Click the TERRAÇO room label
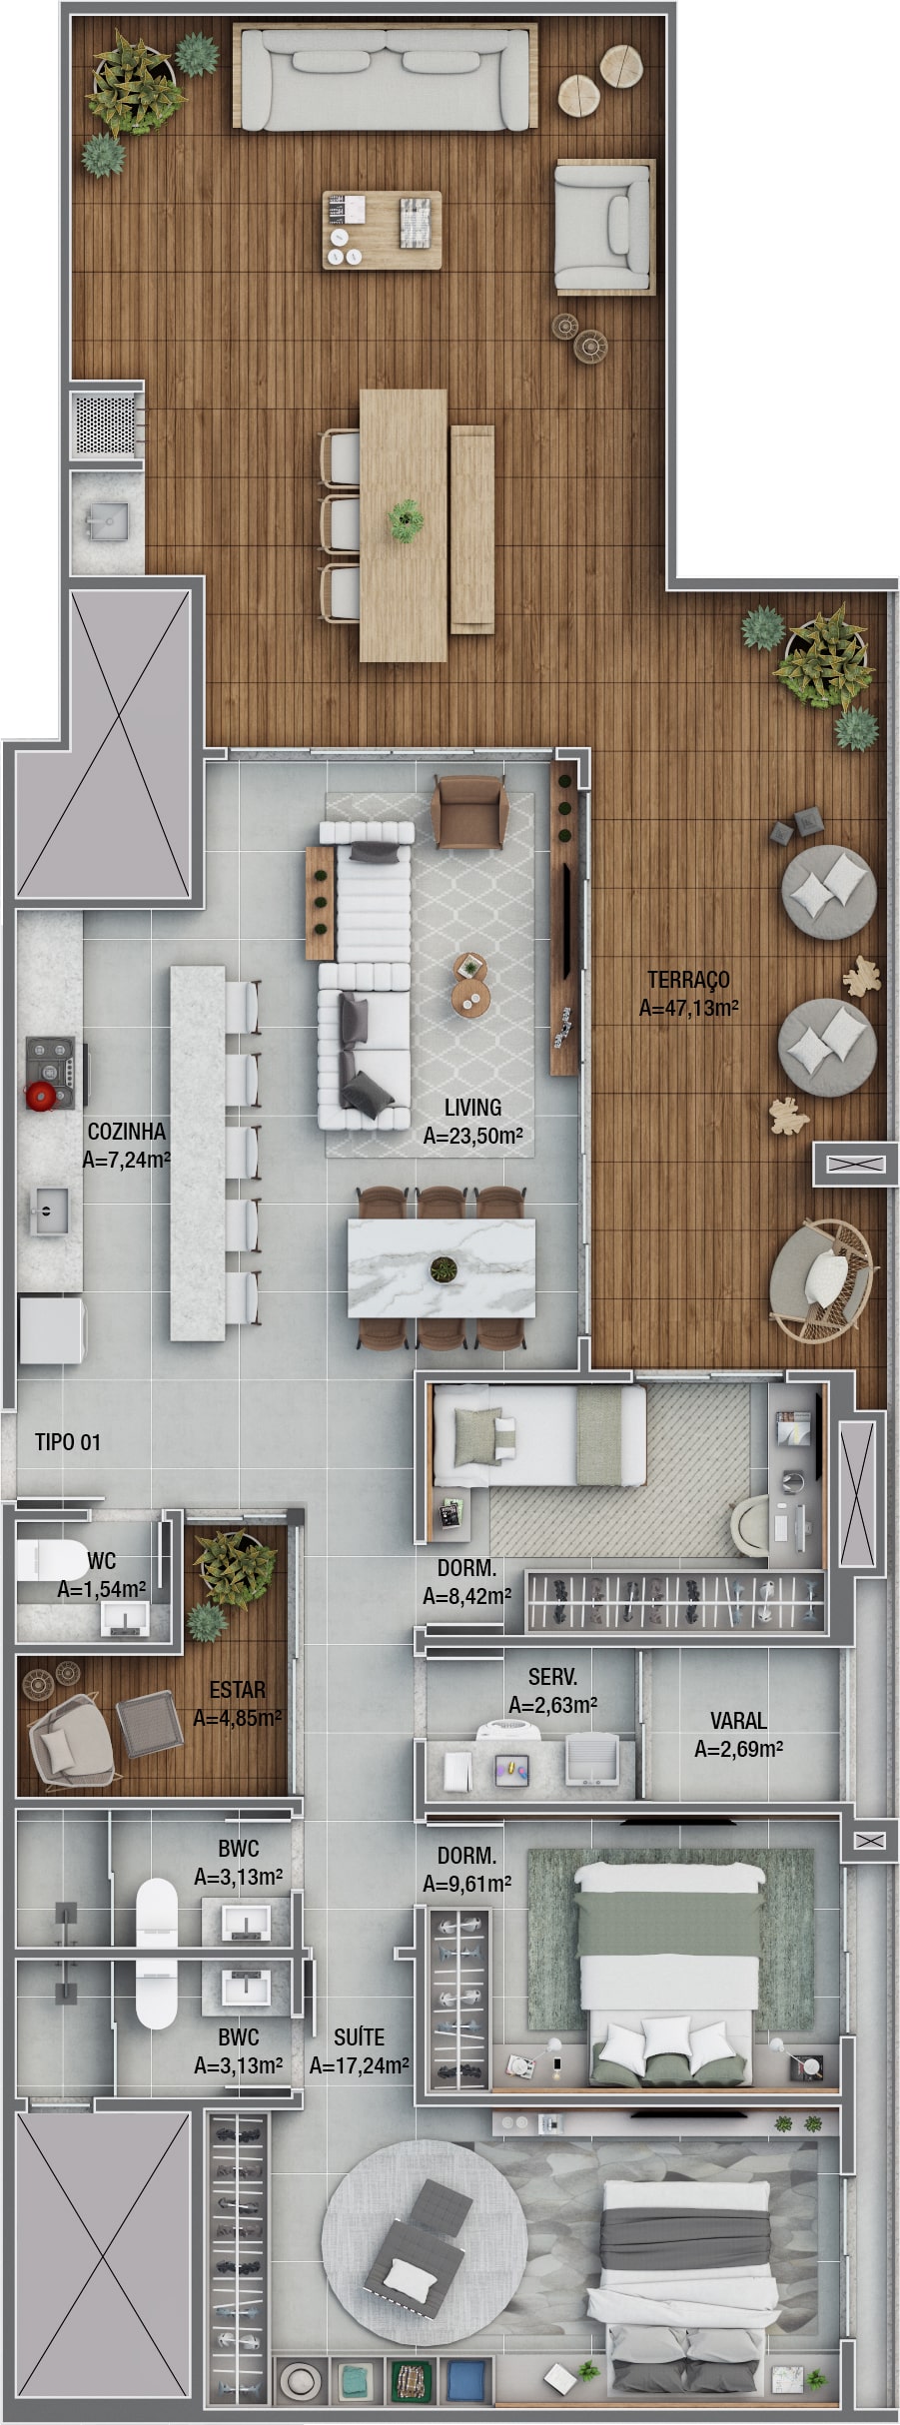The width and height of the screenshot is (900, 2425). (688, 979)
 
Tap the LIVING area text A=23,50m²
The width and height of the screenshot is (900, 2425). (472, 1136)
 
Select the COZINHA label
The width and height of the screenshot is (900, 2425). (127, 1132)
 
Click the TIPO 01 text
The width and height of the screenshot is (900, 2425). (68, 1442)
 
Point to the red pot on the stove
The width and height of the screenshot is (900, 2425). (41, 1096)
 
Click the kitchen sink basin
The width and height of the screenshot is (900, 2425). (50, 1212)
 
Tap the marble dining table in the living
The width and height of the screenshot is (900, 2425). (442, 1268)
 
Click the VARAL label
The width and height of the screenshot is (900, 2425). (738, 1721)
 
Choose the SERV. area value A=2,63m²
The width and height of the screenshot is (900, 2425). (552, 1705)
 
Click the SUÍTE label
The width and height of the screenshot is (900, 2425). (359, 2036)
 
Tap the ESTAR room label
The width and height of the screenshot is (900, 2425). (237, 1690)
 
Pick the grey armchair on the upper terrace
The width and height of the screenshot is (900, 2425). (604, 229)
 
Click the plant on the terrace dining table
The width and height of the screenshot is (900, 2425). (406, 519)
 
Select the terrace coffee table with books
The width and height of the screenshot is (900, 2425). (382, 230)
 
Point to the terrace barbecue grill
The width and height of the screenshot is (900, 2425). (104, 423)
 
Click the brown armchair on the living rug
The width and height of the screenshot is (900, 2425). (469, 812)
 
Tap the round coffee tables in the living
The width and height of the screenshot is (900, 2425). (470, 984)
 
